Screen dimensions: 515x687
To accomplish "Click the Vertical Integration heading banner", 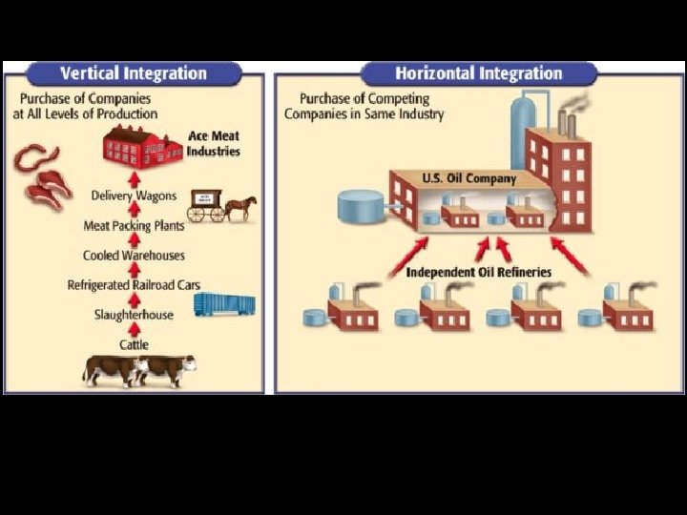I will point(134,73).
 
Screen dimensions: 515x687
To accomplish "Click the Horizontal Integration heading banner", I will point(479,73).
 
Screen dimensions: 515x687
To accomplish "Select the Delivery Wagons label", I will point(134,196).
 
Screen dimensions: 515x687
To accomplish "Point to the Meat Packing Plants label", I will point(134,226).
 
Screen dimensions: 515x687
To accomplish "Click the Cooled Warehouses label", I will point(134,256).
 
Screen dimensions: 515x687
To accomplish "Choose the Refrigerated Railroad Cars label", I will point(134,285).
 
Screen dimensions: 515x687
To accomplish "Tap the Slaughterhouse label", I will point(134,315).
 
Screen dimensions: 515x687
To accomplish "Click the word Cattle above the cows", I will point(134,344).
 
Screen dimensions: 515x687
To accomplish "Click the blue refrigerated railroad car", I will point(224,304).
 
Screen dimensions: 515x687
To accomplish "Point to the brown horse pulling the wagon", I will point(240,206).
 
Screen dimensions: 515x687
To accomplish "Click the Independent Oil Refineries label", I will point(479,273).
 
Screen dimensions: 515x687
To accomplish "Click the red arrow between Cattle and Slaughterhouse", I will point(134,330).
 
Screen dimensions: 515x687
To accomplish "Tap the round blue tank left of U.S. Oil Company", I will point(361,204).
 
